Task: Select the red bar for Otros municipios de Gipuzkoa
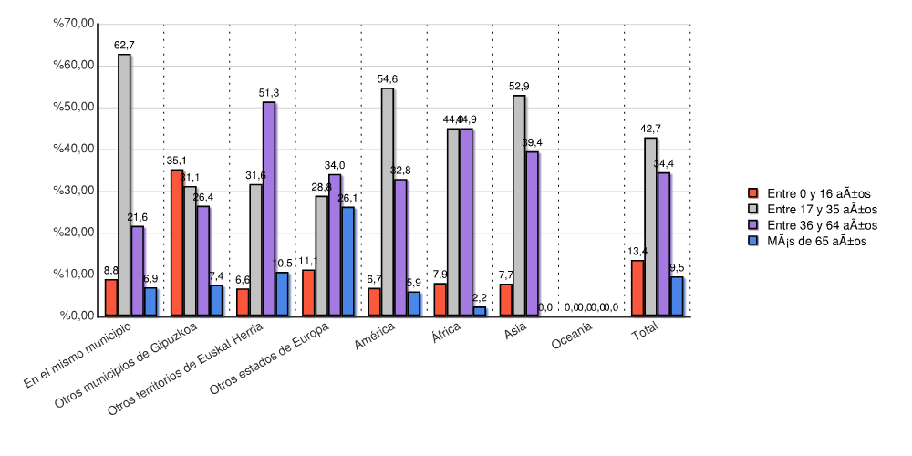tap(177, 243)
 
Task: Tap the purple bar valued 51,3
tap(269, 209)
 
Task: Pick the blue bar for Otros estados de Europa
tap(347, 261)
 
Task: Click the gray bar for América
tap(388, 202)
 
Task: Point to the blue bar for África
tap(480, 311)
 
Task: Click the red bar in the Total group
tap(637, 287)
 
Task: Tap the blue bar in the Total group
tap(677, 295)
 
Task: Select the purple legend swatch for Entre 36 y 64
tap(753, 224)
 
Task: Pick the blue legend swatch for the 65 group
tap(753, 241)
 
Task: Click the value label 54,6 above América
tap(388, 79)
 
